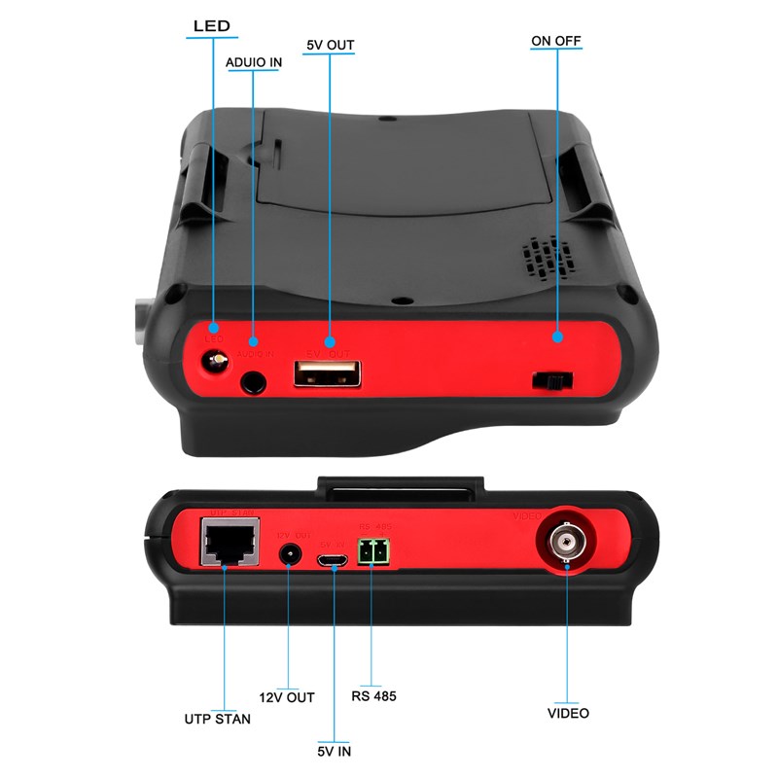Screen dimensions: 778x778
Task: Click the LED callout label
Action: tap(211, 25)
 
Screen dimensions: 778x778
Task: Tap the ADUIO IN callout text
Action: tap(254, 63)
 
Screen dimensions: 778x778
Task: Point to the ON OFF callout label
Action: tap(556, 41)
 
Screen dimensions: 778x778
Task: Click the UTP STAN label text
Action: tap(217, 719)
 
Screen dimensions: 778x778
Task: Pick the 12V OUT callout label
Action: tap(287, 697)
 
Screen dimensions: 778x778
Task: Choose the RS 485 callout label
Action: tap(373, 696)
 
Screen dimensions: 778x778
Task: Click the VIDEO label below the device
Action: tap(567, 713)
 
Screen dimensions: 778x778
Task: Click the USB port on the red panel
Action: tap(327, 373)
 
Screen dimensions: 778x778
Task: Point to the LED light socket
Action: tap(213, 362)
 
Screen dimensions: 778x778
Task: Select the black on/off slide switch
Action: tap(551, 380)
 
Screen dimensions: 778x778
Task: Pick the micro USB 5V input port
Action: tap(333, 559)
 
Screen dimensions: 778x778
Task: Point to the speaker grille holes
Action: tap(543, 258)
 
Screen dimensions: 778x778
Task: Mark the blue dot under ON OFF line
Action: tap(558, 337)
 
